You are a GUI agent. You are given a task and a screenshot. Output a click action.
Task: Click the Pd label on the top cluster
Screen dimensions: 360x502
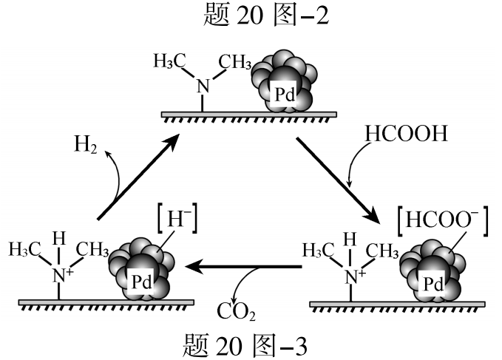coord(285,94)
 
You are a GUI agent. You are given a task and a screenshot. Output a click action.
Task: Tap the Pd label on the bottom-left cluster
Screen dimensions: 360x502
coord(142,281)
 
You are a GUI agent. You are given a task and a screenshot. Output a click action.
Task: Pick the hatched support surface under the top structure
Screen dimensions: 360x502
coord(249,116)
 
